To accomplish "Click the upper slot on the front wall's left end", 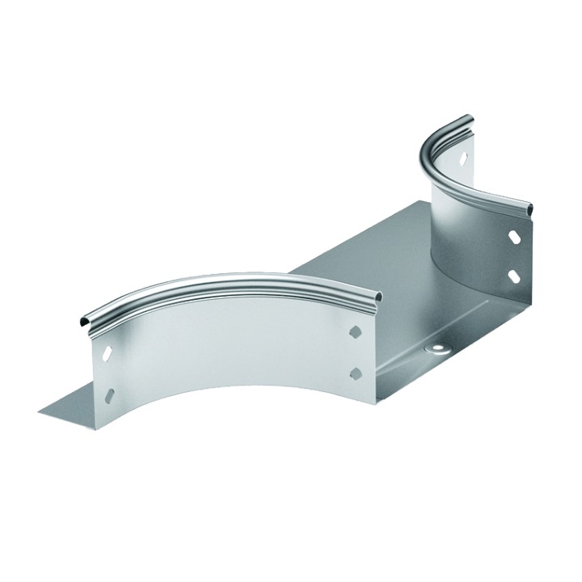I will coord(104,353).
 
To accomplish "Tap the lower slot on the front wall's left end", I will coord(110,394).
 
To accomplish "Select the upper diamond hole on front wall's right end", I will coord(355,331).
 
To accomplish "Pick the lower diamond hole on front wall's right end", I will coord(355,372).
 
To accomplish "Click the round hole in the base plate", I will coord(437,348).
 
